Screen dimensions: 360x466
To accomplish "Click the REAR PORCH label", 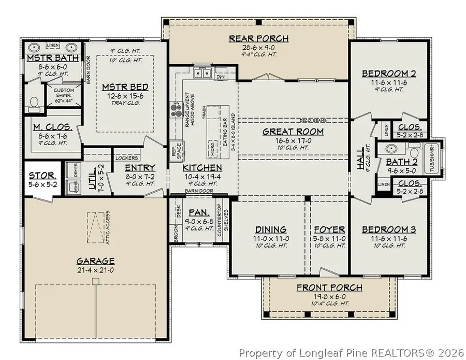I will coord(259,38).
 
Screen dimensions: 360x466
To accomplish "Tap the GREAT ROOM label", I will coord(293,132).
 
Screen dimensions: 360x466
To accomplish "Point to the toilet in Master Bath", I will coord(35,103).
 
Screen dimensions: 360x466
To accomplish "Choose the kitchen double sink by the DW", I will coord(201,73).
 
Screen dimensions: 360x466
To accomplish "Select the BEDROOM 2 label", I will coord(389,73).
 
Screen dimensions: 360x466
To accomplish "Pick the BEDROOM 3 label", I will coord(389,229).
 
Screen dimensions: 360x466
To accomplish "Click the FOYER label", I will coord(329,229).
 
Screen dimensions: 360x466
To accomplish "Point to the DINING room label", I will coord(271,229).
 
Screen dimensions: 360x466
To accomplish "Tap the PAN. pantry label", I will coord(198,212).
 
